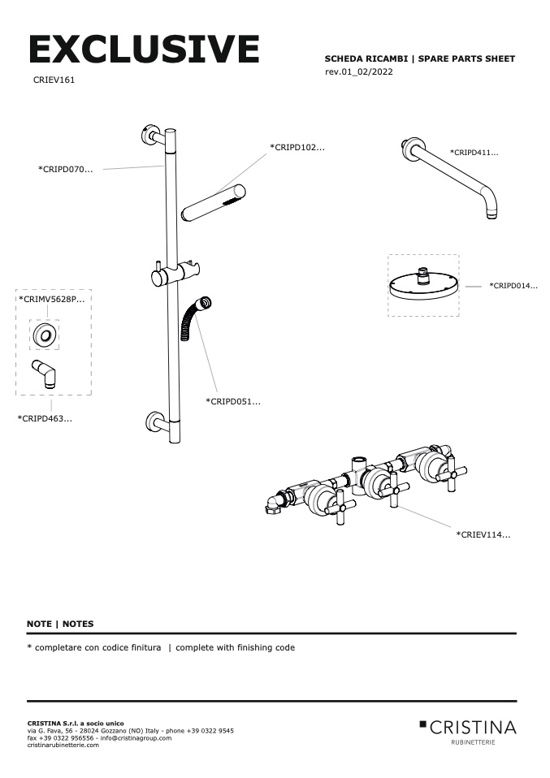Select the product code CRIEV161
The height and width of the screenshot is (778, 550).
(x=54, y=80)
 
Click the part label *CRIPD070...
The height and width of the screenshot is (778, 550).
(x=66, y=169)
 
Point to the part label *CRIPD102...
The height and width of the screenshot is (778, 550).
(x=297, y=148)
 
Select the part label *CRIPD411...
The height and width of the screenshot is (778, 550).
(x=474, y=152)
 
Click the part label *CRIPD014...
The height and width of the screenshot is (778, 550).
(x=513, y=286)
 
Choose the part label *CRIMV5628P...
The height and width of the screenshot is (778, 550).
(x=51, y=300)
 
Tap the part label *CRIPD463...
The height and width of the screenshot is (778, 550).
(x=45, y=418)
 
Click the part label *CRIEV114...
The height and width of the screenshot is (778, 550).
(x=483, y=534)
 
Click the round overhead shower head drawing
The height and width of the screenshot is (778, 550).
(x=423, y=286)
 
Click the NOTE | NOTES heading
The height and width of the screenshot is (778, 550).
(x=60, y=624)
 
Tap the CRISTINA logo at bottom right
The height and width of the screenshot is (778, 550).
(x=468, y=728)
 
